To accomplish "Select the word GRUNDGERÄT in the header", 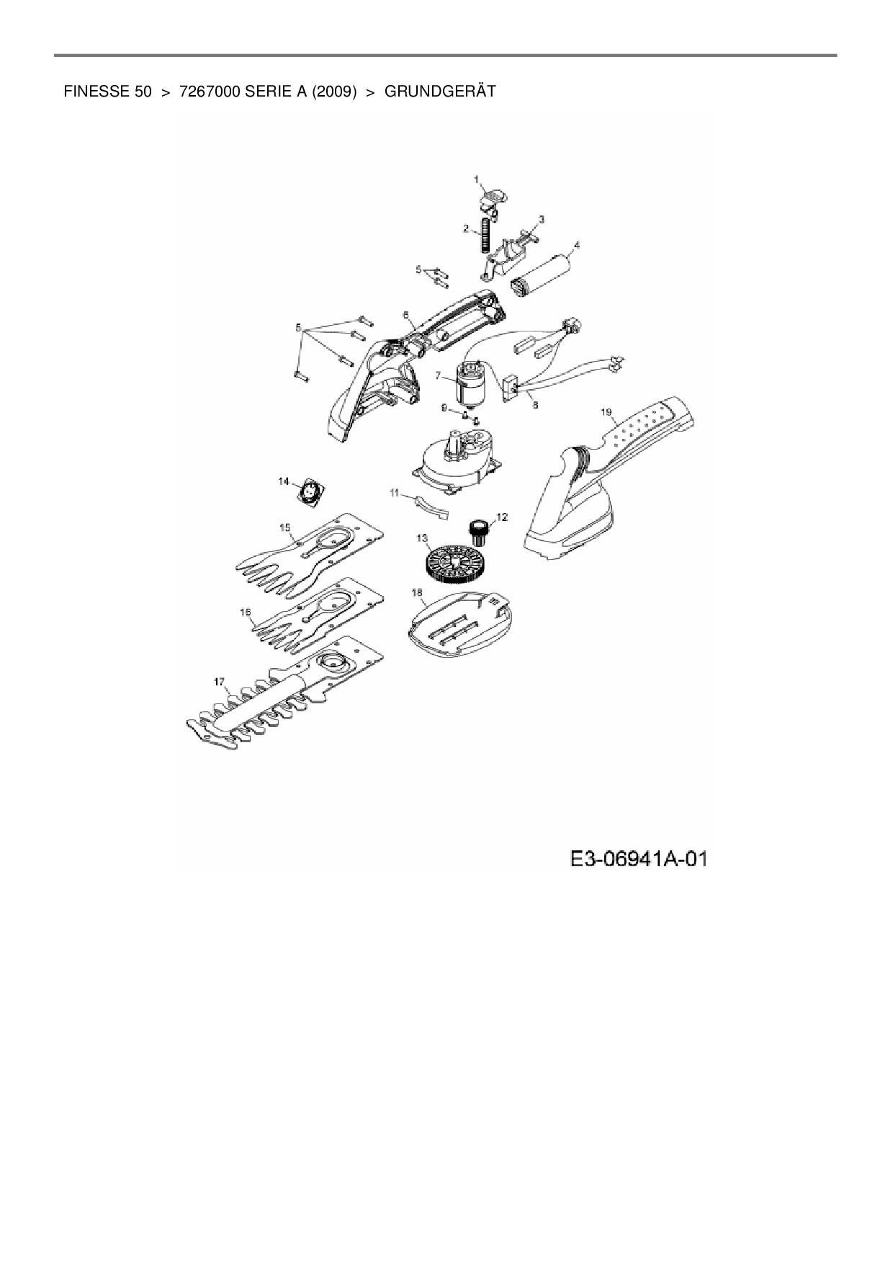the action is coord(440,92).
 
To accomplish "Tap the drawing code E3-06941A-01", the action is coord(638,859).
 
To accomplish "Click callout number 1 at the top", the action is coord(475,178).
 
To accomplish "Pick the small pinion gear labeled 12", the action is coord(478,532).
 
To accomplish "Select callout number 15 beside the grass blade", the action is coord(285,528).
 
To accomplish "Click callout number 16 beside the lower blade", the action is coord(246,612).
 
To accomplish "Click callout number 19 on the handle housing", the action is coord(606,412).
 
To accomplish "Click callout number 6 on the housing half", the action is coord(405,315).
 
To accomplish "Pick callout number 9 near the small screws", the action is coord(445,408).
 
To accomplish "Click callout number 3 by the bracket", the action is coord(542,218).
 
